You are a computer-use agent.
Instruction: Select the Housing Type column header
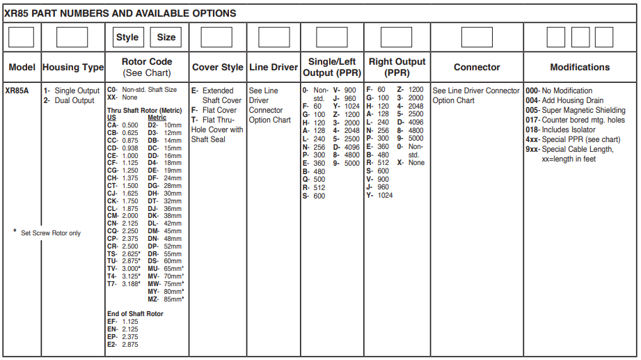[73, 68]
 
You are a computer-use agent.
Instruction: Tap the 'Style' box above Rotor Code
[127, 38]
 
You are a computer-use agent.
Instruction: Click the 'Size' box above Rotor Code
[166, 38]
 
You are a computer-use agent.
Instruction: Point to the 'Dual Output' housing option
[69, 100]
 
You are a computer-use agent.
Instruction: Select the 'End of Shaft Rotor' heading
[135, 314]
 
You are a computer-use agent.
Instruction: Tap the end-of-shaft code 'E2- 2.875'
[122, 345]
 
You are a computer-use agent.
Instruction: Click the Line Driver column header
[274, 68]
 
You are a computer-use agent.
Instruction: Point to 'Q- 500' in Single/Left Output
[314, 179]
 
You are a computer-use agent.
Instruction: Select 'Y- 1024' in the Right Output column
[380, 195]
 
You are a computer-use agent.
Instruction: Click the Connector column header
[477, 68]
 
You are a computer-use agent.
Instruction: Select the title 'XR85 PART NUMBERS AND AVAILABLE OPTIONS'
[120, 13]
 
